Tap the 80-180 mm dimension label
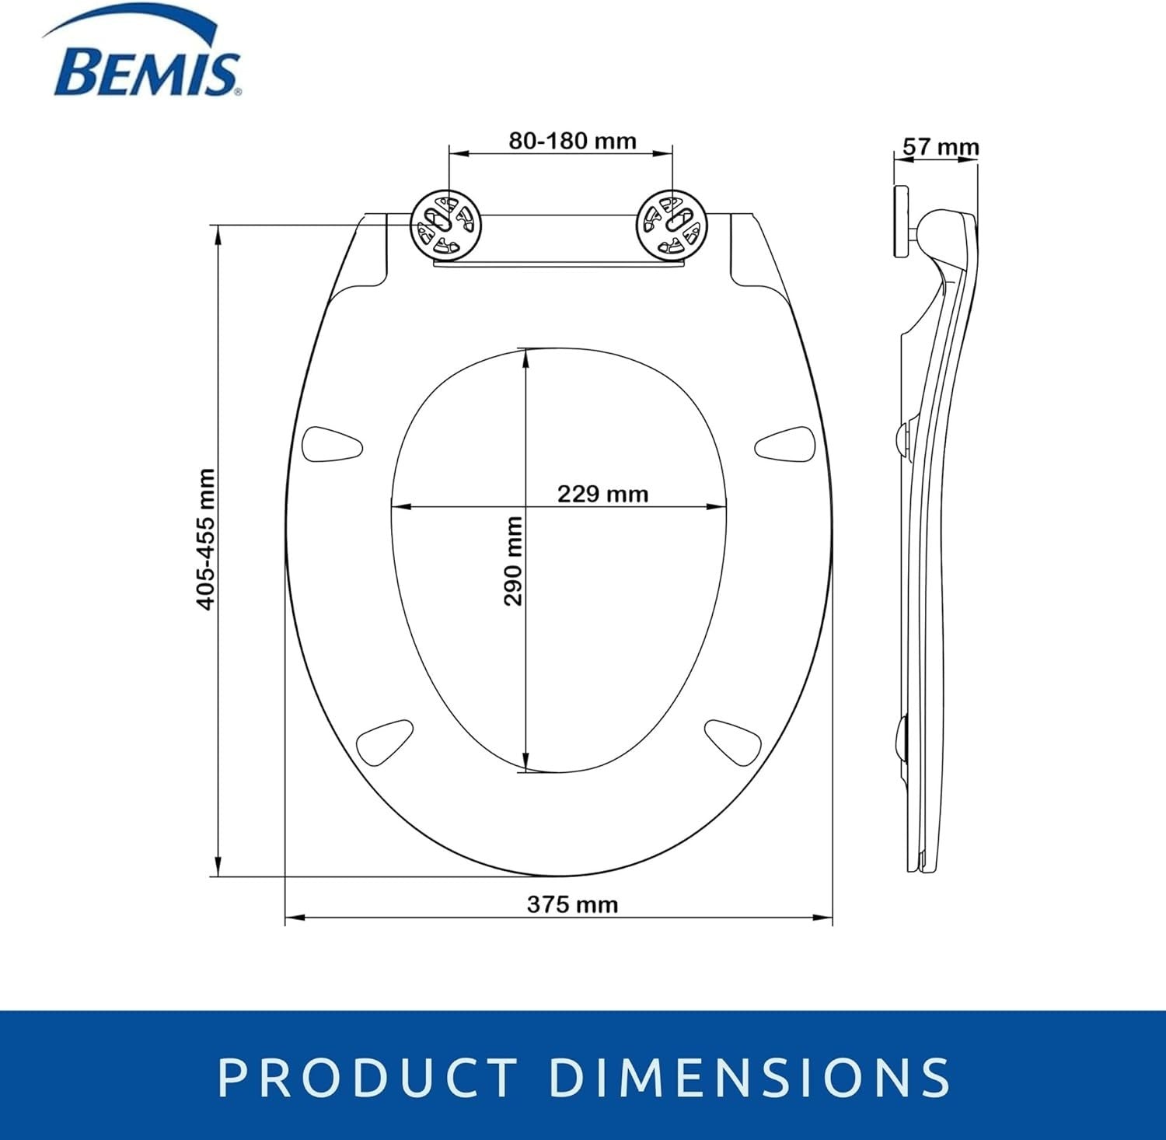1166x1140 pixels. pyautogui.click(x=572, y=141)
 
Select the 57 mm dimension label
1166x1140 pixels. pyautogui.click(x=941, y=146)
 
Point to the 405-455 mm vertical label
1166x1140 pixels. pyautogui.click(x=205, y=539)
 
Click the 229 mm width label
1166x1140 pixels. pyautogui.click(x=602, y=494)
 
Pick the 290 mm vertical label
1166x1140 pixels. pyautogui.click(x=513, y=561)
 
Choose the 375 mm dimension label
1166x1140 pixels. pyautogui.click(x=572, y=904)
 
